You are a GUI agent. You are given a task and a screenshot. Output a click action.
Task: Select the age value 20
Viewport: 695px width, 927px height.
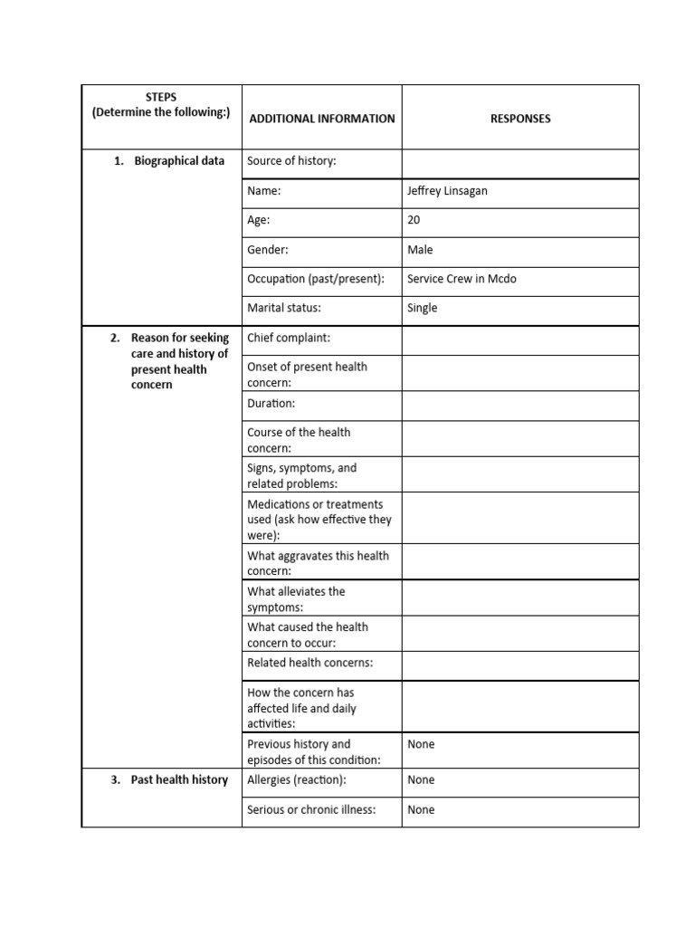414,220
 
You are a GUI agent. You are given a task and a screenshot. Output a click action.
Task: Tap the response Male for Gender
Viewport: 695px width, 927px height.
420,250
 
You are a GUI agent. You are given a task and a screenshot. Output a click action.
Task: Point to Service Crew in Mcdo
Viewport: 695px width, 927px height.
462,279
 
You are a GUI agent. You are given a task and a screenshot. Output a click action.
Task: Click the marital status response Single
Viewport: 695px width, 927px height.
422,308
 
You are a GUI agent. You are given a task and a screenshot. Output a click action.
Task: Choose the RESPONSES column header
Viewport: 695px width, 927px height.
520,119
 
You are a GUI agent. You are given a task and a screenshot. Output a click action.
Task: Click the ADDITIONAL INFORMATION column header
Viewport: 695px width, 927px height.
321,119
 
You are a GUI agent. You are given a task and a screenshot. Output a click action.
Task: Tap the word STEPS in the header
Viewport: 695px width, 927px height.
161,97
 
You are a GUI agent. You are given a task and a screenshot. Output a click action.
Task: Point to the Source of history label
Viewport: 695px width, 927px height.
291,161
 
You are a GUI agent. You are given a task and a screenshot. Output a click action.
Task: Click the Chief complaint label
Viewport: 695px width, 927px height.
289,338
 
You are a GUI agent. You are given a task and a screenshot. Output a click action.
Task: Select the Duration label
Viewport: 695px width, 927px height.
271,403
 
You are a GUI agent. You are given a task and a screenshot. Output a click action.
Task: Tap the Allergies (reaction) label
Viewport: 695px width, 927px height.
297,779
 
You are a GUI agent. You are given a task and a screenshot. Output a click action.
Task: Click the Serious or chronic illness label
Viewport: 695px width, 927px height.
310,809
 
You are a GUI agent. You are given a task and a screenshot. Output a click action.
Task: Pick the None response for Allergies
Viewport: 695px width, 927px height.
421,779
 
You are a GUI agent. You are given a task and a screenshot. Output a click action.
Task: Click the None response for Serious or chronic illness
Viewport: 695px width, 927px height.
421,809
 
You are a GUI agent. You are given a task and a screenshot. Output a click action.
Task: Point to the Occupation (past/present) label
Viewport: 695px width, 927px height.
316,279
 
